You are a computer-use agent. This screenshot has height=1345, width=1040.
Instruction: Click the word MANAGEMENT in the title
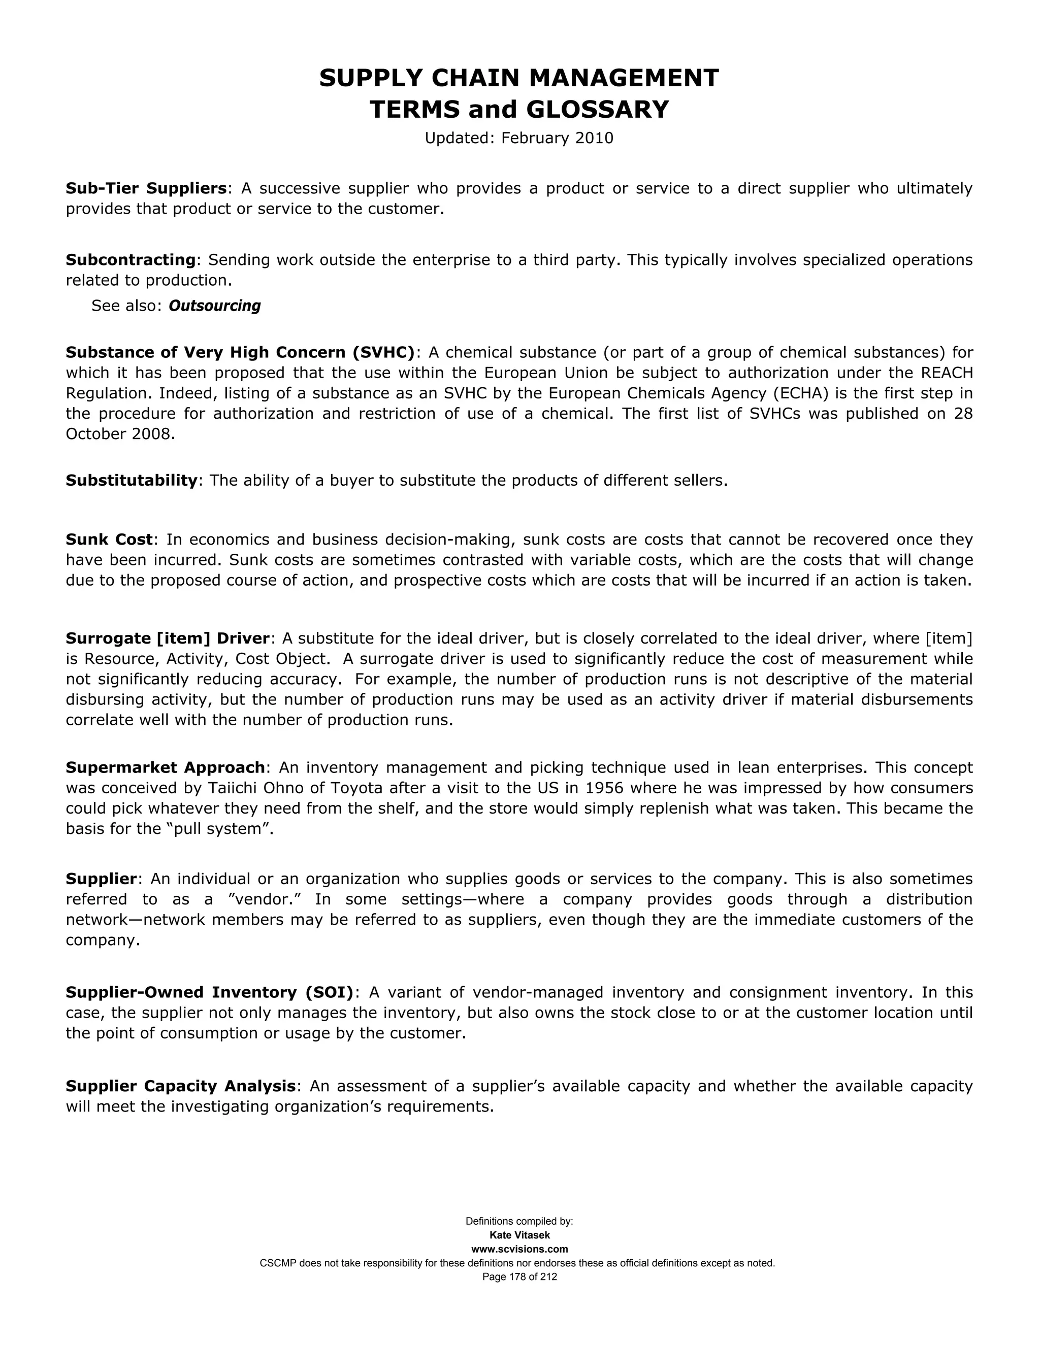point(624,78)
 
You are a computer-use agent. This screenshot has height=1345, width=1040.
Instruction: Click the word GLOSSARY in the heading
point(597,110)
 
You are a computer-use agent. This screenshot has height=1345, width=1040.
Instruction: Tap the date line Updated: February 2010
point(519,138)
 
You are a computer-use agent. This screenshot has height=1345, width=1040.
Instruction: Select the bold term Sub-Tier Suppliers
point(147,188)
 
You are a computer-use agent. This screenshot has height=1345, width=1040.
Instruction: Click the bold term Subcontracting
point(131,260)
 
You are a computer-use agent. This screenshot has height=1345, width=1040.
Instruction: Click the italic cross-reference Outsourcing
point(214,306)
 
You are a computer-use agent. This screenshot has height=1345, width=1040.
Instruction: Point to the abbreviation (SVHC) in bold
point(384,352)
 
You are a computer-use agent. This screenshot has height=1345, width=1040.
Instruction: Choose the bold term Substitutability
point(131,480)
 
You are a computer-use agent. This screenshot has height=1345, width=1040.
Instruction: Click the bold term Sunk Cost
point(109,540)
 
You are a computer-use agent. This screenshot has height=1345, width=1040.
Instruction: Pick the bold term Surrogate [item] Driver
point(168,638)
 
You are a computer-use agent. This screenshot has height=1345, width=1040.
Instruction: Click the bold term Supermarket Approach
point(166,767)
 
